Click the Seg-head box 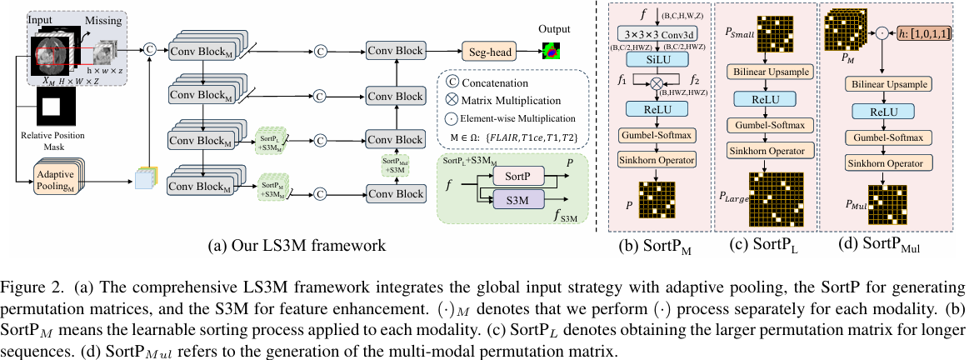pos(490,52)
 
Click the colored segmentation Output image pos(550,51)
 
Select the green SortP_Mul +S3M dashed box pos(397,165)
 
